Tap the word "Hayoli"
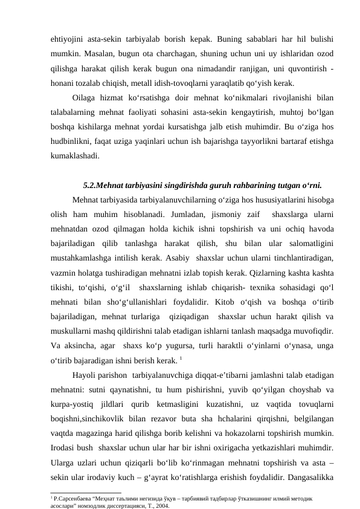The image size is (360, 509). tap(86, 372)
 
